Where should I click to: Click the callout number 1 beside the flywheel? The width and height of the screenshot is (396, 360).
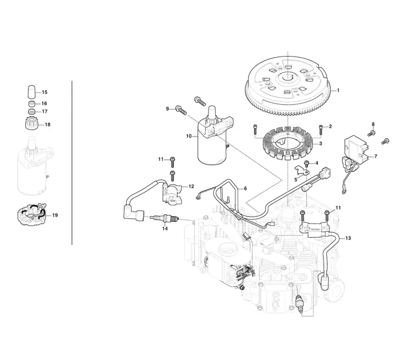pyautogui.click(x=338, y=90)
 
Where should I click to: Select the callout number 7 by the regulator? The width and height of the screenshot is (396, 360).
pyautogui.click(x=376, y=156)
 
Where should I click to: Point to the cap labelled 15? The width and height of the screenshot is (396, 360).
pyautogui.click(x=31, y=92)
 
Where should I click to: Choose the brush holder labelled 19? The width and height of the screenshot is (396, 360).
pyautogui.click(x=32, y=214)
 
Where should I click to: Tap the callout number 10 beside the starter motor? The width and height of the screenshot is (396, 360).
pyautogui.click(x=189, y=136)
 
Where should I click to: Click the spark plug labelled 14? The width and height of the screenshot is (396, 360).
pyautogui.click(x=164, y=217)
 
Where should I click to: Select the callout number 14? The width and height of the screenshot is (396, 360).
pyautogui.click(x=164, y=228)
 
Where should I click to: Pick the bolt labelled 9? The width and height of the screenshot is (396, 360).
pyautogui.click(x=180, y=110)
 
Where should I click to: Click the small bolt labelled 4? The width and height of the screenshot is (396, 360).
pyautogui.click(x=307, y=163)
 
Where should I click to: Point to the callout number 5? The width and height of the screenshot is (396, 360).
pyautogui.click(x=296, y=179)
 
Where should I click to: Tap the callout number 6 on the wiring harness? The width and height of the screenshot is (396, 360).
pyautogui.click(x=245, y=188)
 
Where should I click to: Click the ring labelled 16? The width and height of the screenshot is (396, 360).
pyautogui.click(x=31, y=103)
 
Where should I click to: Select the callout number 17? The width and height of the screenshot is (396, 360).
pyautogui.click(x=45, y=111)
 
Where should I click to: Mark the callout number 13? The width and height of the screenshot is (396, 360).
pyautogui.click(x=348, y=238)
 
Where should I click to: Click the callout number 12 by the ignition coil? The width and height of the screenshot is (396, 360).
pyautogui.click(x=191, y=186)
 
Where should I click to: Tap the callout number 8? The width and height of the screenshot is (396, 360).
pyautogui.click(x=373, y=124)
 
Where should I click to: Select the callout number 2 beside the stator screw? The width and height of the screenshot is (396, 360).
pyautogui.click(x=331, y=127)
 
